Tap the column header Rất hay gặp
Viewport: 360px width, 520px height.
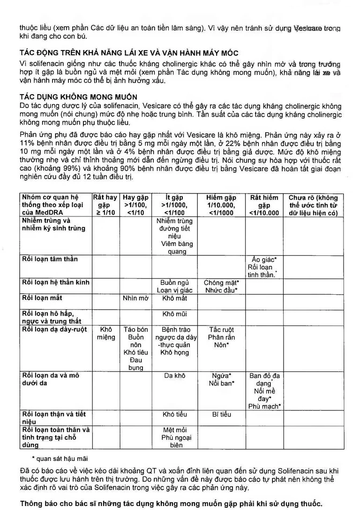[x=105, y=205]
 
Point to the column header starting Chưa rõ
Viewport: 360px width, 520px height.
[x=313, y=205]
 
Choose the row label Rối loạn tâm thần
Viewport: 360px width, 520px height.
[x=50, y=259]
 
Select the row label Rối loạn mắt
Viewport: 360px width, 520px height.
[x=42, y=298]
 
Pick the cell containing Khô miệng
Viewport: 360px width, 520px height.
[x=105, y=334]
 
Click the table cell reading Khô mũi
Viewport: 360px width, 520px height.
[x=174, y=314]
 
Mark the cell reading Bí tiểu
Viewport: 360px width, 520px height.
[x=221, y=414]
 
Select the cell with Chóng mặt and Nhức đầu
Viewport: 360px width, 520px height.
[x=221, y=287]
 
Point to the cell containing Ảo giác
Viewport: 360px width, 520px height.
[x=264, y=267]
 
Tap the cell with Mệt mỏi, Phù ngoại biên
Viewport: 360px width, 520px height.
[x=174, y=437]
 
